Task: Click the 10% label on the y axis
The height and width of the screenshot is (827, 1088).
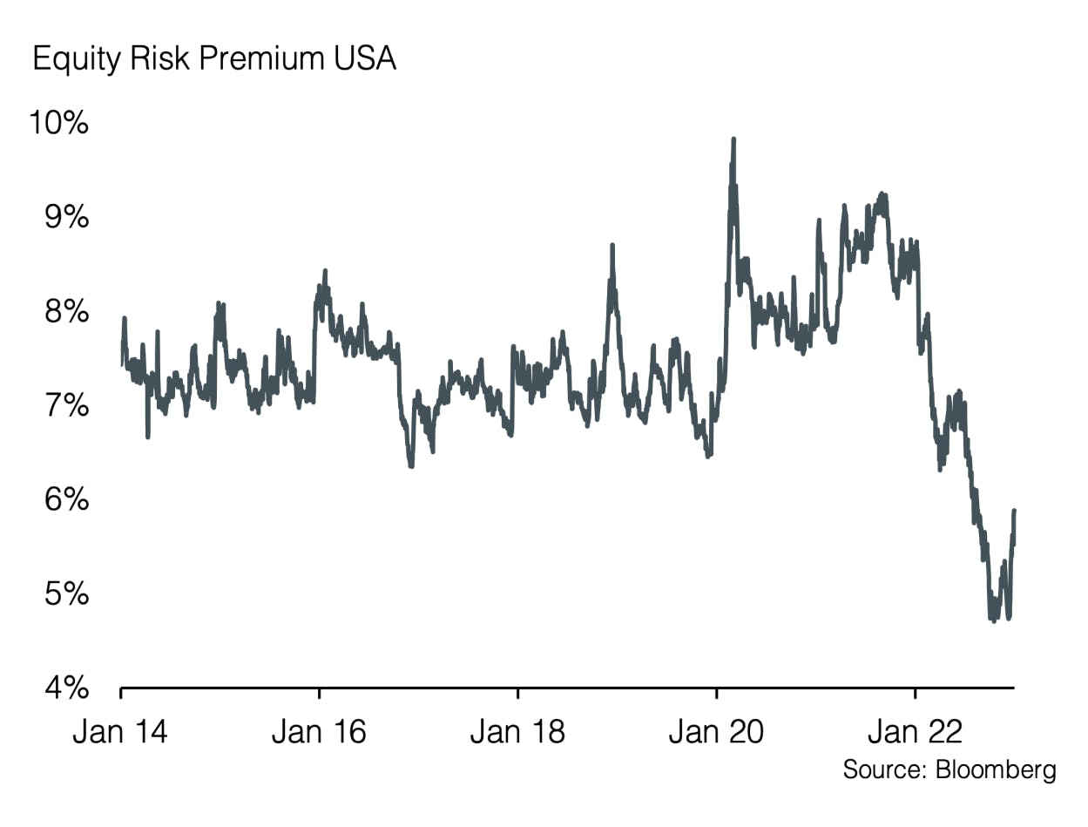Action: pyautogui.click(x=58, y=123)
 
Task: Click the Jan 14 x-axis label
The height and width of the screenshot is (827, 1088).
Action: pyautogui.click(x=120, y=731)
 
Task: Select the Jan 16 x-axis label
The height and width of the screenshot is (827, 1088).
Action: pyautogui.click(x=319, y=731)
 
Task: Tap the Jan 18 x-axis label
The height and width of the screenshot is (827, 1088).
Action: pyautogui.click(x=517, y=731)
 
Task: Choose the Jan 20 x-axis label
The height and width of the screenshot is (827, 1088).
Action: pyautogui.click(x=716, y=731)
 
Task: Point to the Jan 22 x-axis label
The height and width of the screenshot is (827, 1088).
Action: pyautogui.click(x=915, y=731)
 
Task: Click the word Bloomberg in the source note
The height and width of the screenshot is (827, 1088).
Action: pyautogui.click(x=995, y=769)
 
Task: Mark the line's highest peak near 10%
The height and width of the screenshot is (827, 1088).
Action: pyautogui.click(x=733, y=139)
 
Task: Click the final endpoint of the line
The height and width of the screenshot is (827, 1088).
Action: pyautogui.click(x=1014, y=511)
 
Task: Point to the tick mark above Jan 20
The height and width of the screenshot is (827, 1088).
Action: pyautogui.click(x=716, y=693)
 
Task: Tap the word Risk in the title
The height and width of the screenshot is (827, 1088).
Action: pyautogui.click(x=160, y=59)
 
